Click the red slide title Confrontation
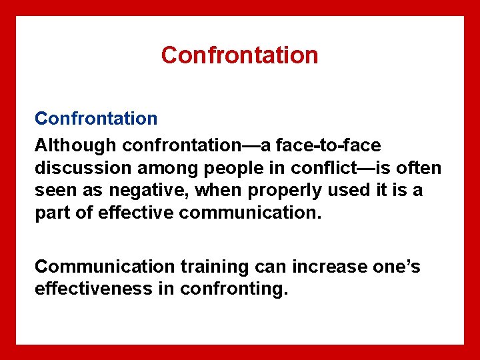pos(239,55)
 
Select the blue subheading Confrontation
pos(96,119)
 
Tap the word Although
pos(76,145)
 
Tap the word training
pos(214,267)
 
